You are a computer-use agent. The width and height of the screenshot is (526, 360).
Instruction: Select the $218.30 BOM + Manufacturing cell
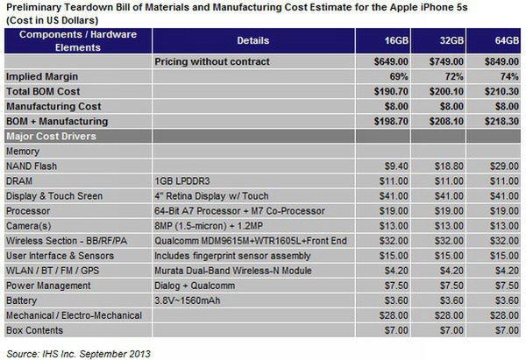(x=495, y=121)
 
